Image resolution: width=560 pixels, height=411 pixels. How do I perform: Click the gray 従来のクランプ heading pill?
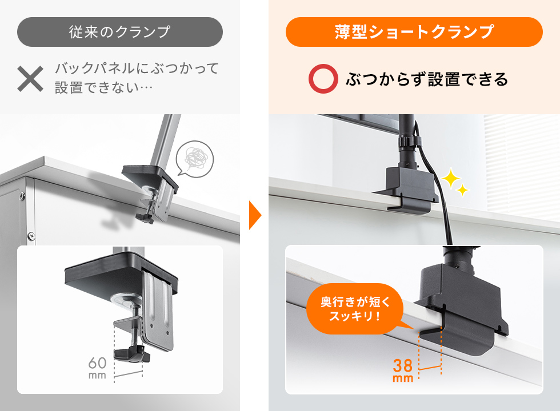(119, 31)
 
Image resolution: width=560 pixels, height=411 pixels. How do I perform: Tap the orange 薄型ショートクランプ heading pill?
(414, 32)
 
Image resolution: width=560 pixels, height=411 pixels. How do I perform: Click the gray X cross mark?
(30, 79)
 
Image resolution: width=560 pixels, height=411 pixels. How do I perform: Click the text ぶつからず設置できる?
(427, 79)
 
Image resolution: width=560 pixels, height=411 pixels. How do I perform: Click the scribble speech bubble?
(194, 156)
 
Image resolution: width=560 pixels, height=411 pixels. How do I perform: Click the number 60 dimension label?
(98, 364)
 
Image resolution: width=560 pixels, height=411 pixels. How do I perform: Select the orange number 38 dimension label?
(403, 365)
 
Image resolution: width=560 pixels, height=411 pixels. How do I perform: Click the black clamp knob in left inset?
(131, 354)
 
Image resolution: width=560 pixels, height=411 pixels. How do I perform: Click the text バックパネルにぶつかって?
(137, 70)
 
